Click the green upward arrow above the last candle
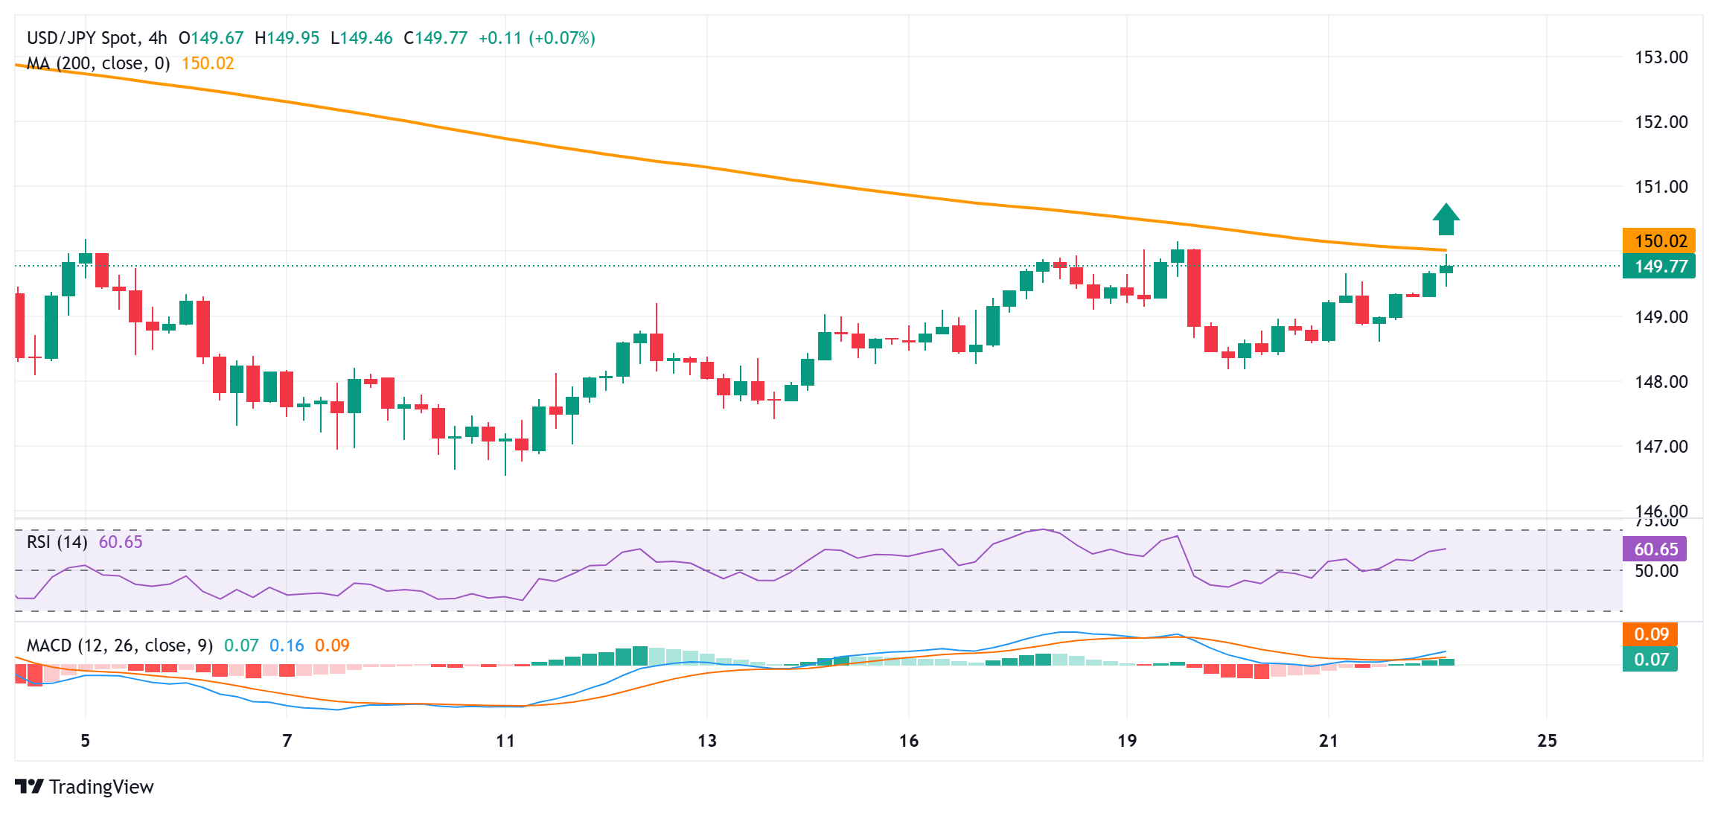point(1446,220)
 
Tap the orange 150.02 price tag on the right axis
point(1659,240)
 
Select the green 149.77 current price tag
point(1659,267)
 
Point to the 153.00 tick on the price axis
point(1661,57)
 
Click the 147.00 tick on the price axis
point(1661,447)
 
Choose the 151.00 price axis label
point(1661,187)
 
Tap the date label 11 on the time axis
point(505,741)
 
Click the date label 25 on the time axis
point(1547,741)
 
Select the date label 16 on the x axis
point(908,741)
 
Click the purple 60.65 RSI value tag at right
point(1655,549)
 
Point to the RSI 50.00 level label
point(1656,571)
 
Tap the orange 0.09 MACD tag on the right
point(1651,634)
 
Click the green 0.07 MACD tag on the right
point(1651,659)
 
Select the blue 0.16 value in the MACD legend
point(287,645)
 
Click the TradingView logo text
point(101,787)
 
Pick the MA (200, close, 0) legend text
point(98,63)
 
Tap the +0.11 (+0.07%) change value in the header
point(537,38)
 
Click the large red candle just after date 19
point(1194,288)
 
